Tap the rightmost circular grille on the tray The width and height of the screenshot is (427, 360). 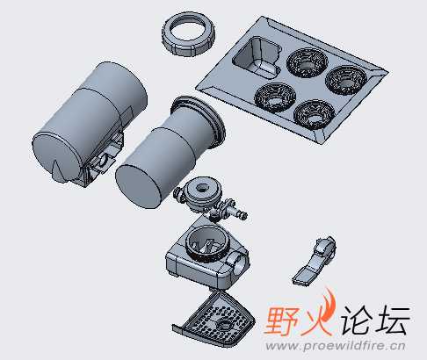pos(344,78)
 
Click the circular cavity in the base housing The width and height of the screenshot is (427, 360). pos(204,243)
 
